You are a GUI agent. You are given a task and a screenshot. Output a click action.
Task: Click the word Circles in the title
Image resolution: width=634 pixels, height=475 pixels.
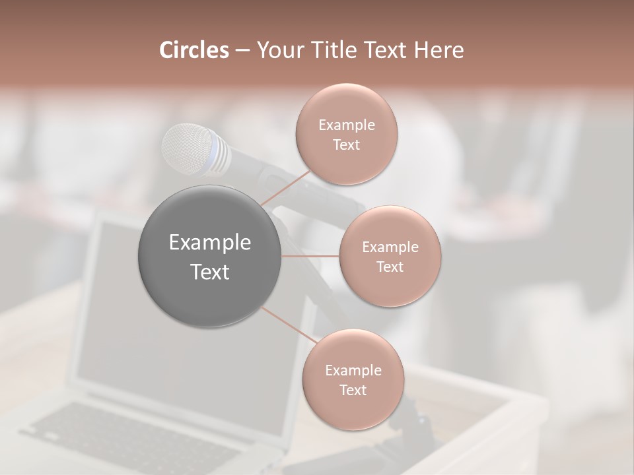click(x=194, y=50)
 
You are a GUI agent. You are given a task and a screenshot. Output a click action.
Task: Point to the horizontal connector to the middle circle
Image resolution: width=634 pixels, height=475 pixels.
click(x=310, y=256)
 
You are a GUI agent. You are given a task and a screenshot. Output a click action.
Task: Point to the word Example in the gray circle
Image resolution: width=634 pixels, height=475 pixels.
click(x=209, y=243)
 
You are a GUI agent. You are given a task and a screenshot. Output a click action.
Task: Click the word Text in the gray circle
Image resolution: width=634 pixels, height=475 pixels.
click(x=209, y=272)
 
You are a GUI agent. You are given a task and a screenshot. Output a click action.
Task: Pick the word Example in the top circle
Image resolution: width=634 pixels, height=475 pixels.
click(x=346, y=125)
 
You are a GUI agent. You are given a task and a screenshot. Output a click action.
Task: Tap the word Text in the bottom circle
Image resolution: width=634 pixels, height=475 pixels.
click(x=353, y=390)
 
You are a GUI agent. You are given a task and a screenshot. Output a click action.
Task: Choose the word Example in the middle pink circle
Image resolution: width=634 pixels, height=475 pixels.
click(x=390, y=247)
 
